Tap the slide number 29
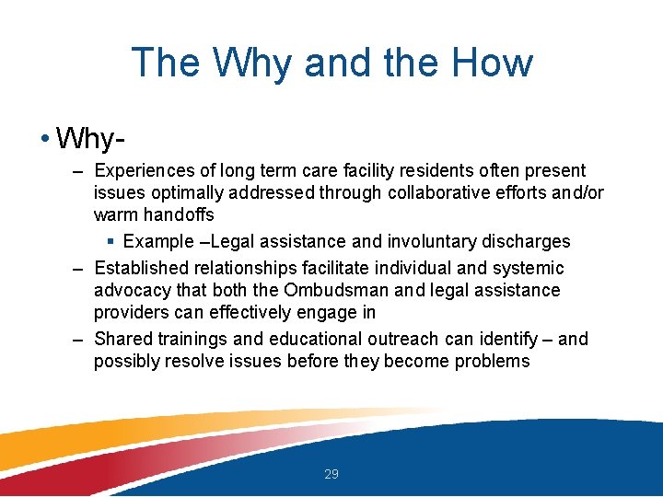pyautogui.click(x=331, y=474)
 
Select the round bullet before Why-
pyautogui.click(x=45, y=138)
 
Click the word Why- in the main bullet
pyautogui.click(x=90, y=138)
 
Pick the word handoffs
pyautogui.click(x=179, y=214)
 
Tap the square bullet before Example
pyautogui.click(x=110, y=242)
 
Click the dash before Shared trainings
pyautogui.click(x=77, y=341)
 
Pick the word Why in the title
pyautogui.click(x=252, y=62)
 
